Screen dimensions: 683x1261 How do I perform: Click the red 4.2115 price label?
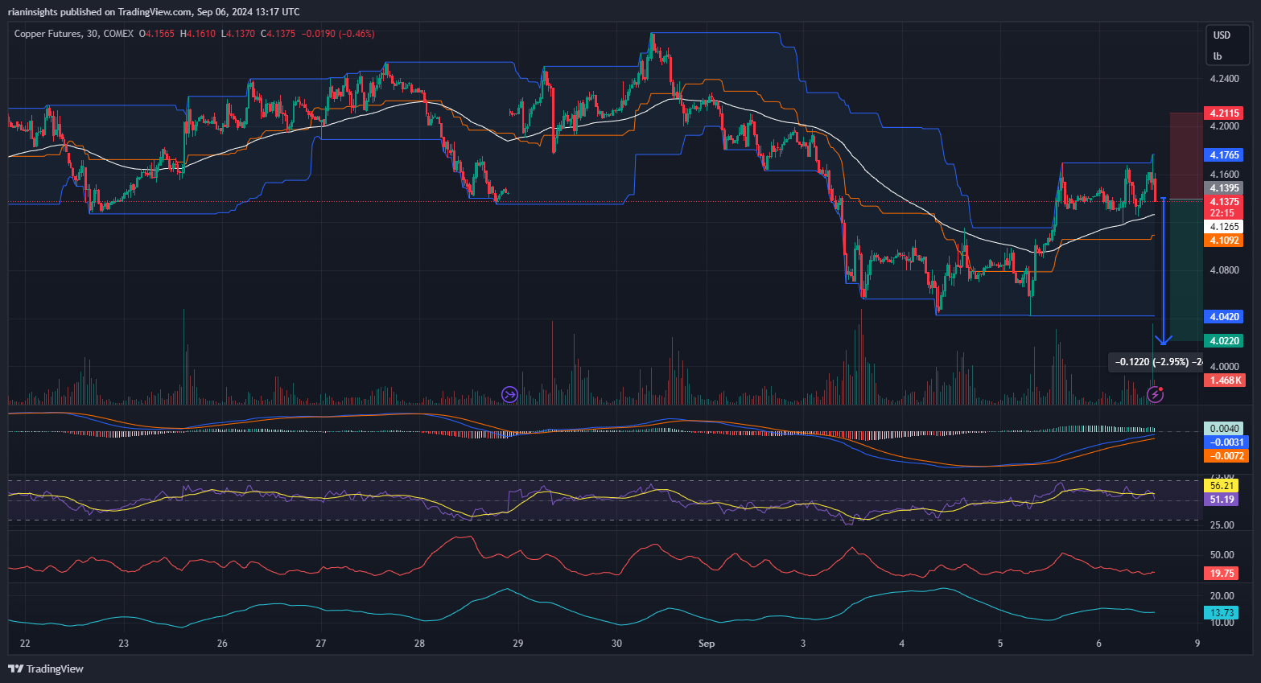[1223, 113]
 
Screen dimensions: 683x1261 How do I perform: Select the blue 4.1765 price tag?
[1223, 154]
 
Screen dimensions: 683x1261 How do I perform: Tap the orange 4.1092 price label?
[1223, 241]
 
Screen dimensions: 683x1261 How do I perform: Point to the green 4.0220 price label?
[1223, 341]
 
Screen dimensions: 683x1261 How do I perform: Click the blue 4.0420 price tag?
[1223, 317]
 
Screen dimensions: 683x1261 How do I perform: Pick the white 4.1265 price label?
[1223, 227]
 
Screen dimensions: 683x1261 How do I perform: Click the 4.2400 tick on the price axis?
[1224, 79]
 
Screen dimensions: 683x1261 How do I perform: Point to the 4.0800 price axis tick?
[1224, 270]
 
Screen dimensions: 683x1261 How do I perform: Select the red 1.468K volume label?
[1223, 381]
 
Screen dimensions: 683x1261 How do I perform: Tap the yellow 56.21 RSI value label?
[1222, 486]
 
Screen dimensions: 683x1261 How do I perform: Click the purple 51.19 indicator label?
[1222, 500]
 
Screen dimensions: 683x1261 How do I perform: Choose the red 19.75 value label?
[1222, 574]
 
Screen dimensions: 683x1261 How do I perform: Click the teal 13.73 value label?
[1222, 613]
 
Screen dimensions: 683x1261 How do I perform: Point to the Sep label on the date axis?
[707, 644]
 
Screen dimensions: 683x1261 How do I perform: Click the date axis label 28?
[419, 644]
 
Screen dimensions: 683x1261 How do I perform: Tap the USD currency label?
[1222, 35]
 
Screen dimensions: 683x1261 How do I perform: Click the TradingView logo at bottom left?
[46, 669]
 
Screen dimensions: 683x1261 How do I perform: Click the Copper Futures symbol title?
[47, 34]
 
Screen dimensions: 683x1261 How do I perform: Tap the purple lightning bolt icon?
[1155, 394]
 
